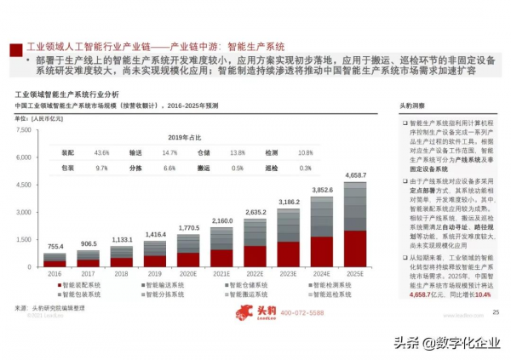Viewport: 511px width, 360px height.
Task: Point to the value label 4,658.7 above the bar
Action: tap(356, 174)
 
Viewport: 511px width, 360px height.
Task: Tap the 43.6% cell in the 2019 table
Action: tap(102, 152)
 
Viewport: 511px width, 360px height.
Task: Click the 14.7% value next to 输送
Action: tap(169, 152)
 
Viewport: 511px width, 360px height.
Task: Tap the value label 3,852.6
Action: tap(322, 190)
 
